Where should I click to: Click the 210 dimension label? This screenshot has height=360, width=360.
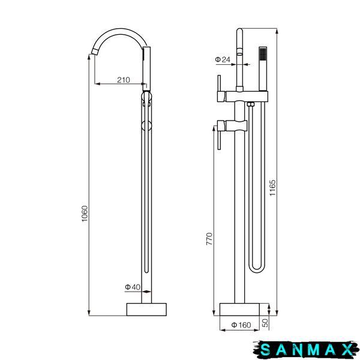123,80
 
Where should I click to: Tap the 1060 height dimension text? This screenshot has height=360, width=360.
85,214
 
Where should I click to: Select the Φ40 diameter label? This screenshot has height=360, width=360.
133,287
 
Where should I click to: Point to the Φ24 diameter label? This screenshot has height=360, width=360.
223,59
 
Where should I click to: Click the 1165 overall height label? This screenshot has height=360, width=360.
272,188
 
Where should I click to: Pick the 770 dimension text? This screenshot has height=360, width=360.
209,239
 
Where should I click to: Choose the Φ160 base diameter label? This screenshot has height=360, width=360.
241,325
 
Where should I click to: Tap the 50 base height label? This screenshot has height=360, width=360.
265,323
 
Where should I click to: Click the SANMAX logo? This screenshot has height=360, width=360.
306,350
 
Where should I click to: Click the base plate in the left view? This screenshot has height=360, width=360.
146,310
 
